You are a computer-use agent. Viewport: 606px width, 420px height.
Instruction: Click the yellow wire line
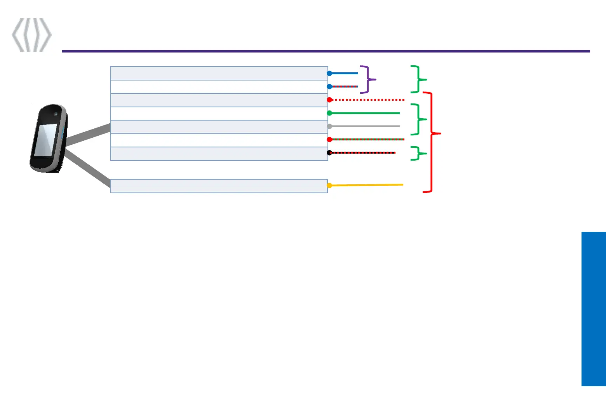(367, 185)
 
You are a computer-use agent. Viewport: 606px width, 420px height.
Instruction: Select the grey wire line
(365, 126)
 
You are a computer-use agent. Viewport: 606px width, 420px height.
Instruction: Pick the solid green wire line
(365, 113)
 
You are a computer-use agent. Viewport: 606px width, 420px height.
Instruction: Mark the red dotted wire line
(367, 100)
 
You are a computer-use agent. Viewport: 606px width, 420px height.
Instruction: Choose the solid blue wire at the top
(344, 73)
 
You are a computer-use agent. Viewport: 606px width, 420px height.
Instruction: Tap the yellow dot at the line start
(329, 185)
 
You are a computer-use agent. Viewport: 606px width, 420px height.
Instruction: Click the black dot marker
(329, 152)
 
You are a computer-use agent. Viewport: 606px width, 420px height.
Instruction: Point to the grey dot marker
(329, 126)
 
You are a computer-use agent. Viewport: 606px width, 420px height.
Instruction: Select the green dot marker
(329, 113)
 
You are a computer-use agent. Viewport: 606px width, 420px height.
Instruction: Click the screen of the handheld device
(45, 140)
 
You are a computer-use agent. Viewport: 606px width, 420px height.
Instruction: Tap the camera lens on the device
(56, 114)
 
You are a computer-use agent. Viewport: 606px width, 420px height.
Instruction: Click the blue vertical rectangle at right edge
(594, 309)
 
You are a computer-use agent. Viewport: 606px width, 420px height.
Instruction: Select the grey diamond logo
(31, 35)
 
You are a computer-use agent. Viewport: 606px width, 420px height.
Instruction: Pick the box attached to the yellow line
(219, 186)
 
